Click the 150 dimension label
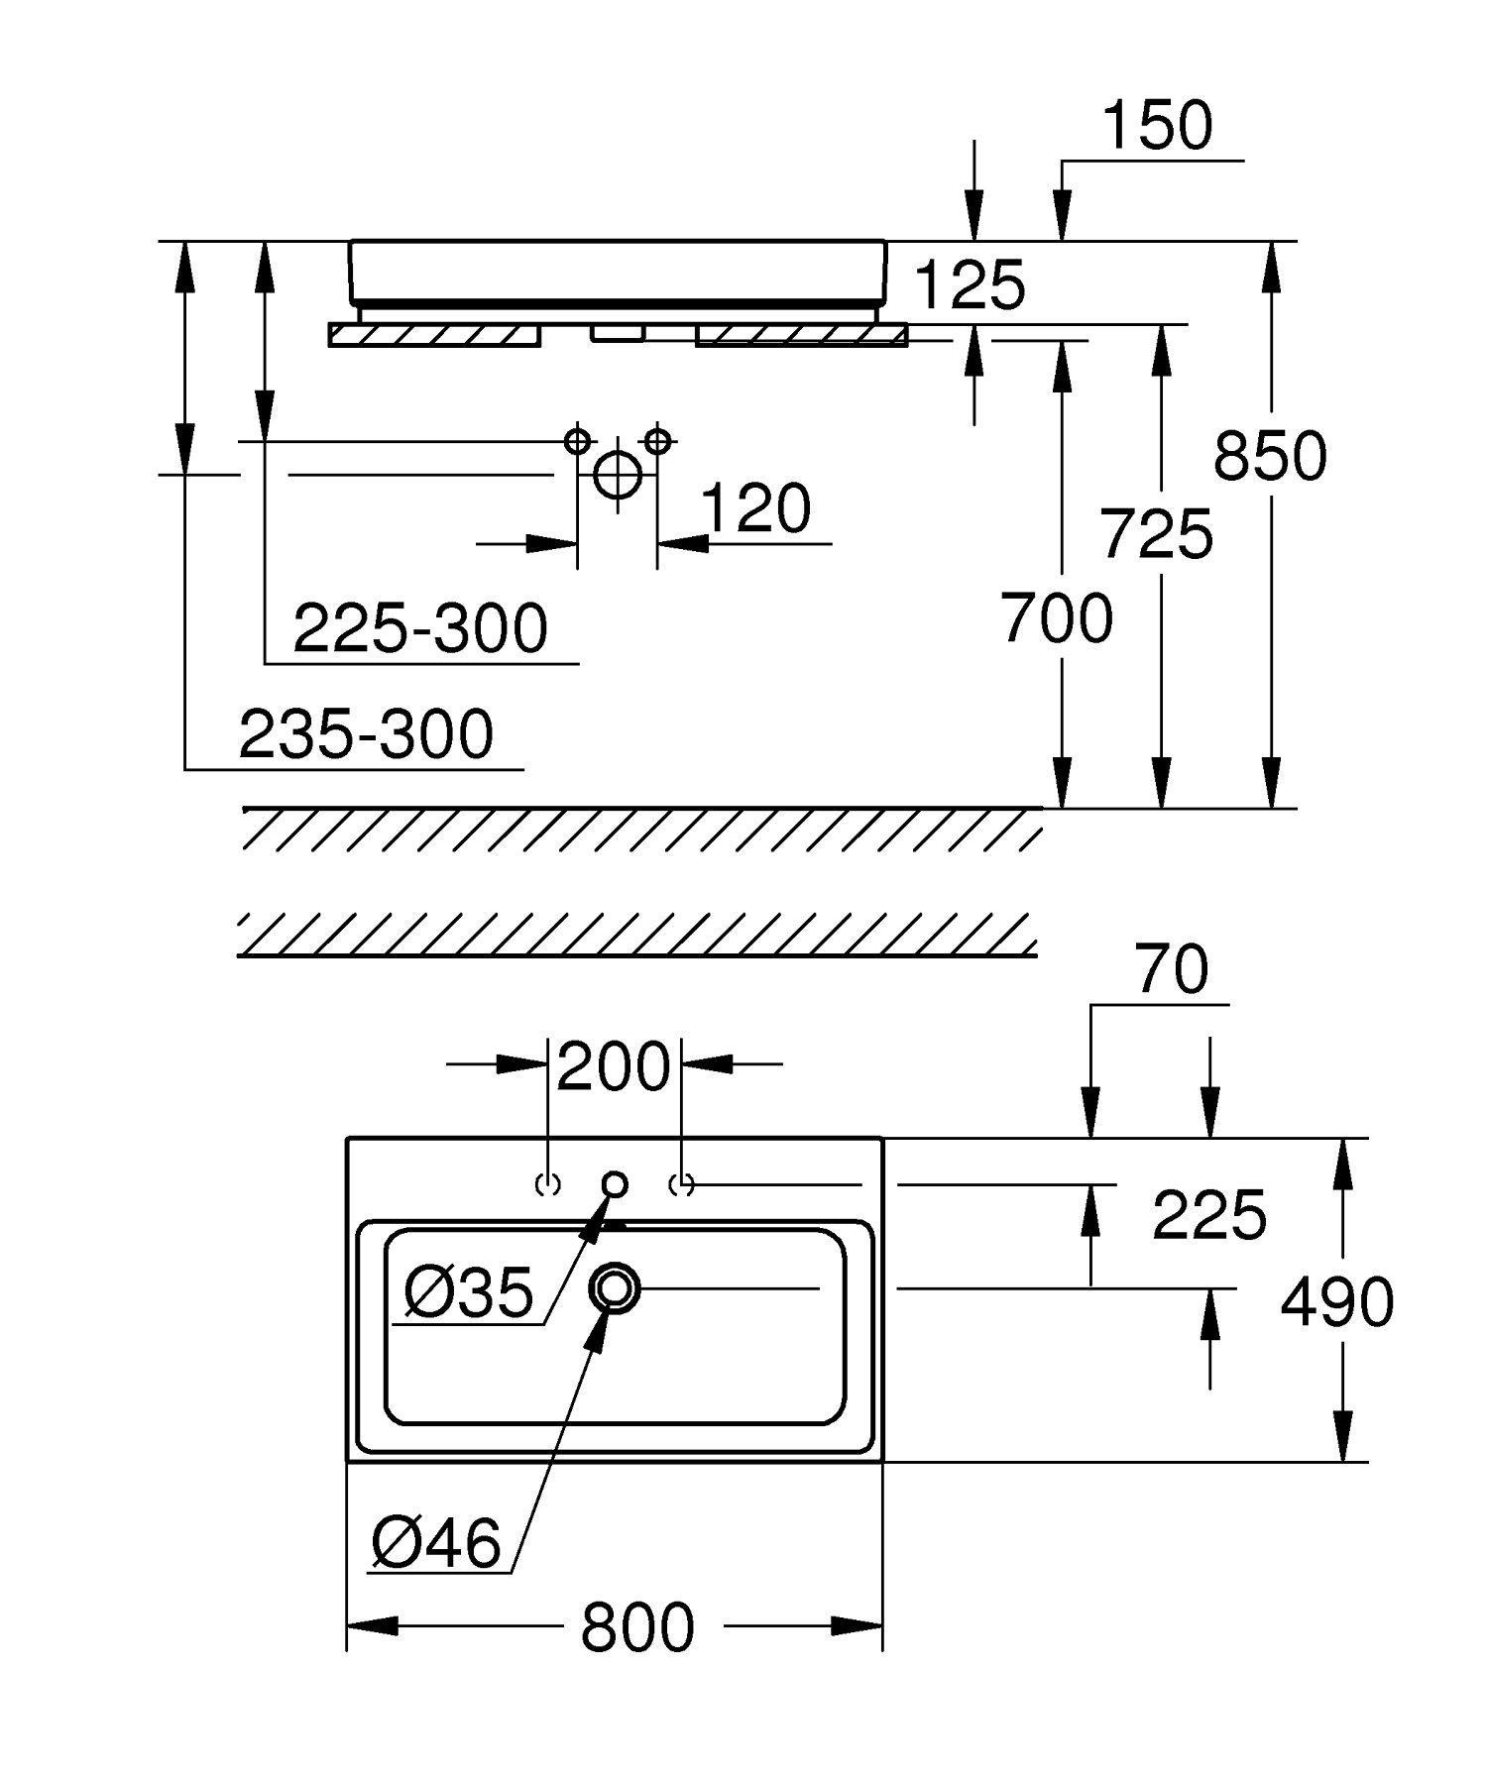coord(1157,126)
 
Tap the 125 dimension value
coord(970,285)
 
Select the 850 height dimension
coord(1270,457)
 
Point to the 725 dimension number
coord(1157,534)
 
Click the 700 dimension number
coord(1057,619)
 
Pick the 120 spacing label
coord(755,509)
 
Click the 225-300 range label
coord(420,628)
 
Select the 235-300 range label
coord(366,734)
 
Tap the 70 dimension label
coord(1173,970)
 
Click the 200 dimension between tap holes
coord(614,1067)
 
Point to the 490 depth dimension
coord(1337,1302)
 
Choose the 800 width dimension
coord(637,1627)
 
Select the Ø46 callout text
coord(437,1543)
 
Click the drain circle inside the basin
coord(615,1288)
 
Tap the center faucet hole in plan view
coord(615,1183)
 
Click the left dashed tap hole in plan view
coord(548,1183)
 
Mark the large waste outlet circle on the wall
coord(617,474)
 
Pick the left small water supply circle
coord(577,440)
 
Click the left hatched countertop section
coord(434,336)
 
